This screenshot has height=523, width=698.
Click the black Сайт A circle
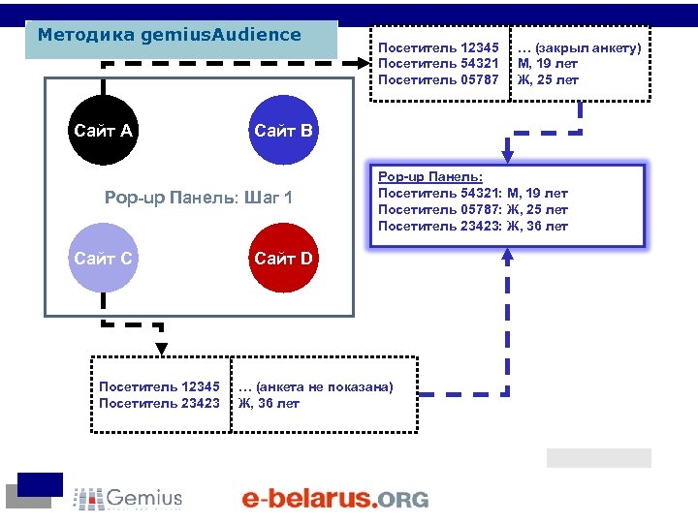click(103, 130)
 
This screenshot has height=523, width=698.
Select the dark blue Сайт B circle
click(282, 130)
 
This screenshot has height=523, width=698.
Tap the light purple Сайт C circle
click(103, 258)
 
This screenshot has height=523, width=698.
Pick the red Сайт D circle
click(282, 258)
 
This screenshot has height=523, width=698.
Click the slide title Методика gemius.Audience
click(170, 36)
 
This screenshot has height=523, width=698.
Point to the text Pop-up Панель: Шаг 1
click(198, 199)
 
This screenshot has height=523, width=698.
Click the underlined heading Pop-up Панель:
click(429, 175)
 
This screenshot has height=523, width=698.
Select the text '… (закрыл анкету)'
click(579, 47)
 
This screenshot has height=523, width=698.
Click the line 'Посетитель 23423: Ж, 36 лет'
click(472, 227)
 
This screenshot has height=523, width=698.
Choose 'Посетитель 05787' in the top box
click(438, 79)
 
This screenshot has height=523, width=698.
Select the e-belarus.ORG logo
click(334, 499)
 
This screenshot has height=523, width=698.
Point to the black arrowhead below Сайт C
click(162, 349)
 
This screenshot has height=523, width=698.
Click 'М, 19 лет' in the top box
click(548, 64)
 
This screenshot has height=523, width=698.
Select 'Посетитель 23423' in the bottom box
click(160, 403)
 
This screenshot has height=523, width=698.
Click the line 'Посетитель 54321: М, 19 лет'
click(472, 193)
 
